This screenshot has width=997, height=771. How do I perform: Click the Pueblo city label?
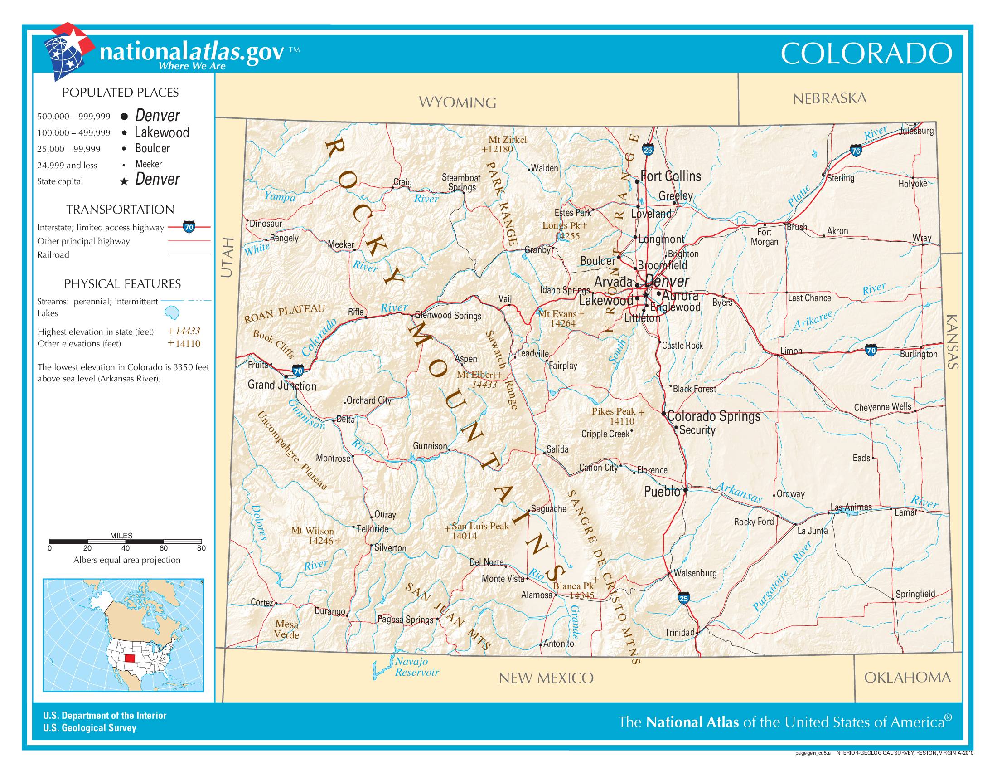point(662,492)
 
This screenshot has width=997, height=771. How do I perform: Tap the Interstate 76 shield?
point(856,151)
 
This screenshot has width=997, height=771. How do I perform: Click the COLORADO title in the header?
point(866,54)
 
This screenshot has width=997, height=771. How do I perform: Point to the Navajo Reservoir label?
point(417,667)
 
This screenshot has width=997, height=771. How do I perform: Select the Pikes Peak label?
point(617,415)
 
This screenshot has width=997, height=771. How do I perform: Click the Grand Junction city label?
point(282,385)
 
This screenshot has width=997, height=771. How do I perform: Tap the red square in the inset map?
point(130,658)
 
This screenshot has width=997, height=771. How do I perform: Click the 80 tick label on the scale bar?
point(201,548)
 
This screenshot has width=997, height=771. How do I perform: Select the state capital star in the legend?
point(124,182)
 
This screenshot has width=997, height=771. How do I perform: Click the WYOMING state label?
point(457,102)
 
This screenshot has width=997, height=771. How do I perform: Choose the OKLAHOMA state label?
point(907,678)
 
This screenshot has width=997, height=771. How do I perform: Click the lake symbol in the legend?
point(172,313)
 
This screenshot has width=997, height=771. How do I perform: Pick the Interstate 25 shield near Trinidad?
point(683,598)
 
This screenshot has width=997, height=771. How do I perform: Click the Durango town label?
point(329,611)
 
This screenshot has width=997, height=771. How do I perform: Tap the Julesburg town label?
point(917,131)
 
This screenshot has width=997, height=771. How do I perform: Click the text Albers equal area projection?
point(127,560)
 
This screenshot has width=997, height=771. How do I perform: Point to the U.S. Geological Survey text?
point(90,728)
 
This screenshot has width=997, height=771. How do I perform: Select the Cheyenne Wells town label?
point(882,407)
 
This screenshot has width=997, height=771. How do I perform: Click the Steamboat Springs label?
point(461,182)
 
